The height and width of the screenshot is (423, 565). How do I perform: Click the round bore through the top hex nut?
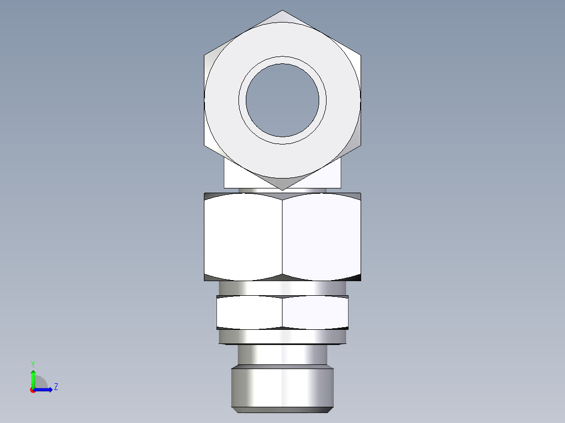pyautogui.click(x=282, y=100)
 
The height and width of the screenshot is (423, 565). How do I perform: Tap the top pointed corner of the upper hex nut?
pyautogui.click(x=282, y=12)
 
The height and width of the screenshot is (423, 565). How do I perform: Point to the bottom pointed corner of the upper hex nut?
pyautogui.click(x=282, y=188)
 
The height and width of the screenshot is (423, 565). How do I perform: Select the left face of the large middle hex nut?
pyautogui.click(x=243, y=237)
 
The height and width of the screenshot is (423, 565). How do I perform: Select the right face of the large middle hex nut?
pyautogui.click(x=321, y=237)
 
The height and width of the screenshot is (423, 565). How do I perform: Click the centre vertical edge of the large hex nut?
pyautogui.click(x=282, y=237)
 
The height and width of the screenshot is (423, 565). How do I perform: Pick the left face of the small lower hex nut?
pyautogui.click(x=249, y=313)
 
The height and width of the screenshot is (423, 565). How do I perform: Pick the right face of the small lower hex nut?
pyautogui.click(x=315, y=313)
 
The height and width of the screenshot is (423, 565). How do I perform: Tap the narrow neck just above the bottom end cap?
pyautogui.click(x=282, y=355)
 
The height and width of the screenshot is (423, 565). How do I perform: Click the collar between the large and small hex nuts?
pyautogui.click(x=282, y=288)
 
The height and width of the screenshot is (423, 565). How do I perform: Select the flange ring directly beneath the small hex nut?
pyautogui.click(x=282, y=337)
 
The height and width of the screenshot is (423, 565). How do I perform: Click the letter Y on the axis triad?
pyautogui.click(x=32, y=363)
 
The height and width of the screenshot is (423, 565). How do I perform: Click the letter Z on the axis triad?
pyautogui.click(x=56, y=387)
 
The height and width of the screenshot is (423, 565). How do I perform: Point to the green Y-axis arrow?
pyautogui.click(x=33, y=378)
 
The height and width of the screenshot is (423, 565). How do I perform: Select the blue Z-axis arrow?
pyautogui.click(x=44, y=389)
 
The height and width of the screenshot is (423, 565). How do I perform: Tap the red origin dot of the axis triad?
pyautogui.click(x=32, y=390)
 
